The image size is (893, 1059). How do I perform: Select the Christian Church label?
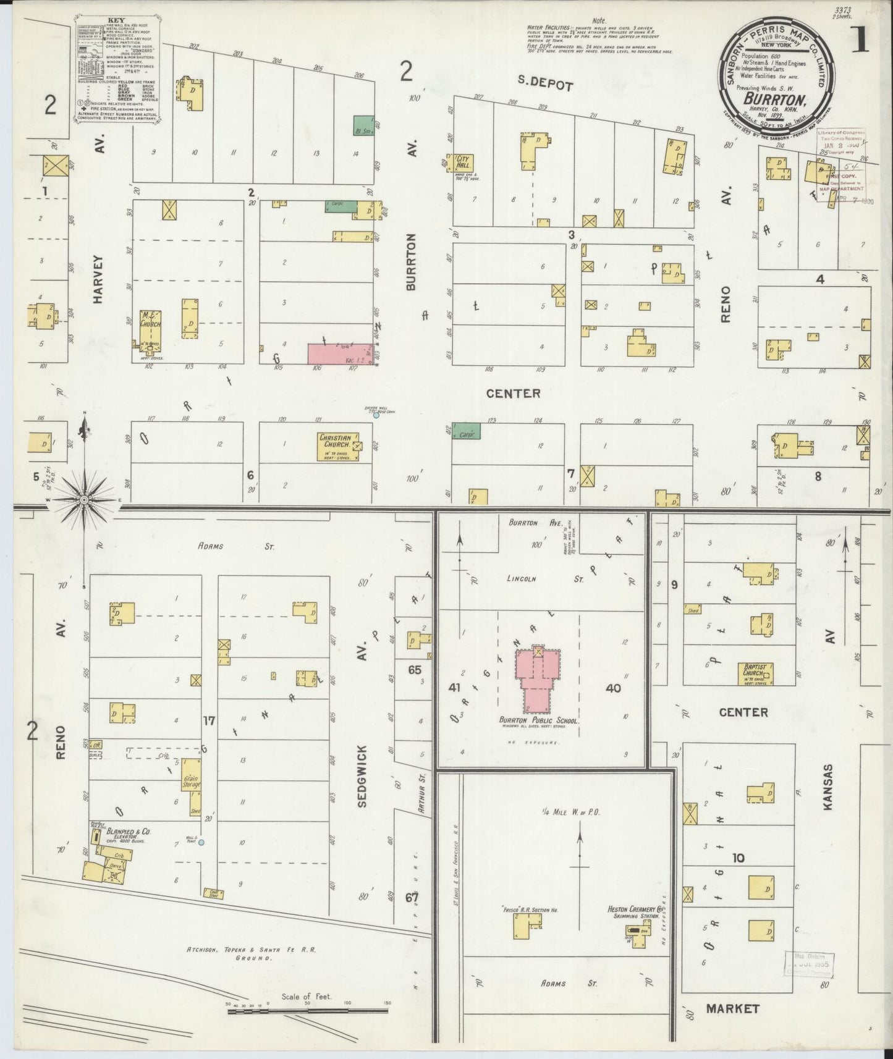(x=334, y=440)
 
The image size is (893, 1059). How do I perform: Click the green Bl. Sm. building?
(x=362, y=125)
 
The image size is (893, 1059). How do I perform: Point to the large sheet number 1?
(x=860, y=39)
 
